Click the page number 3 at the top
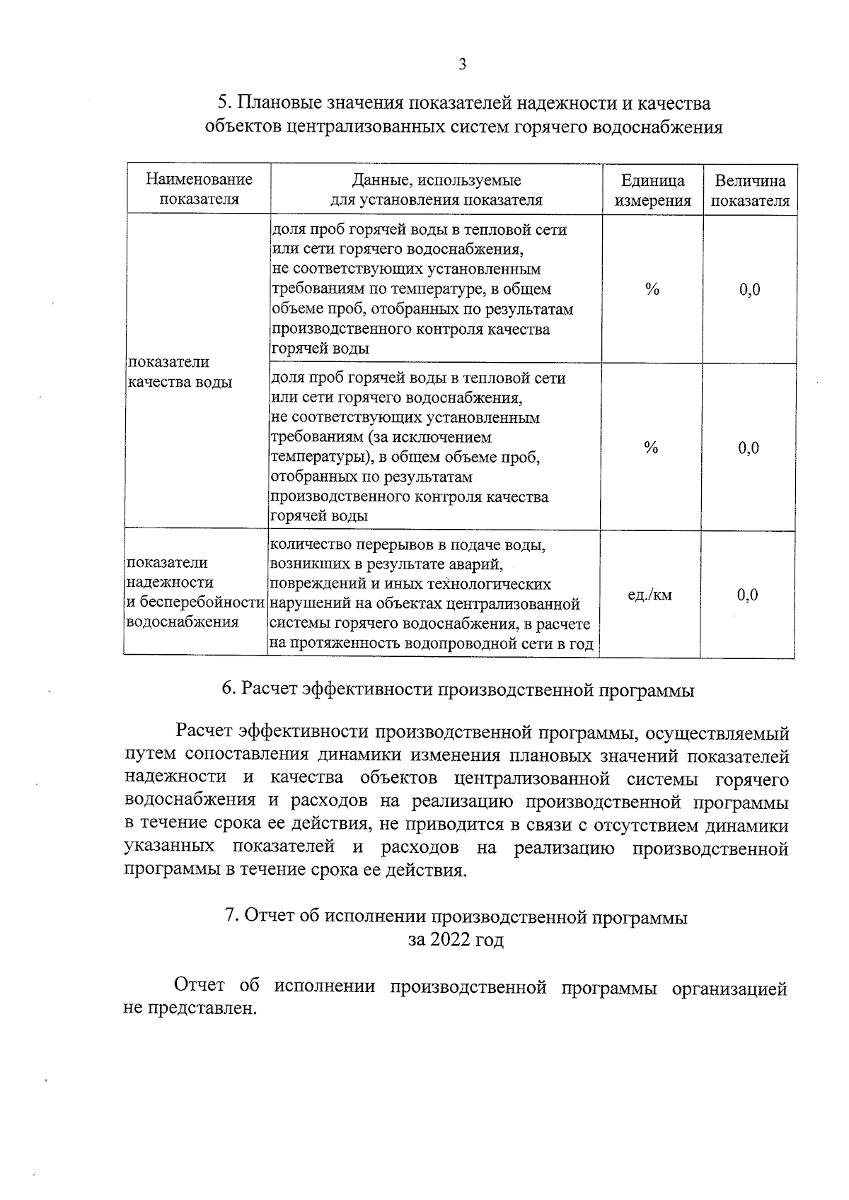[462, 65]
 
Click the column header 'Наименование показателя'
[199, 190]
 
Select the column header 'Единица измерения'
[652, 190]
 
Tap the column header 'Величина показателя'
[750, 190]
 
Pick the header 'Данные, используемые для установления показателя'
[437, 190]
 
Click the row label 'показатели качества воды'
[179, 372]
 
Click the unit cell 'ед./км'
[650, 595]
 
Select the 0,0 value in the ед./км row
[747, 595]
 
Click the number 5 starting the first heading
[223, 104]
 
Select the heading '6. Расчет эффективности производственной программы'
[458, 690]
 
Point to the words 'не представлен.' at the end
[190, 1009]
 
